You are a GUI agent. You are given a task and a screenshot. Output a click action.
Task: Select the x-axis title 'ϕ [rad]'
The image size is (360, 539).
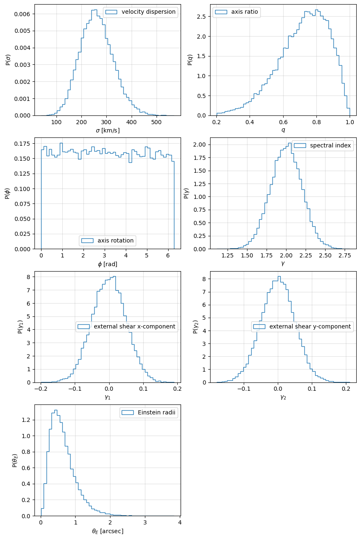click(108, 264)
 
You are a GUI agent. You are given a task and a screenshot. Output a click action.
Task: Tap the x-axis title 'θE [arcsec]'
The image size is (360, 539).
click(108, 531)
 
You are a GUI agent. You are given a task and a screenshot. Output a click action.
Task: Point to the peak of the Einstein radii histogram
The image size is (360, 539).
click(56, 410)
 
